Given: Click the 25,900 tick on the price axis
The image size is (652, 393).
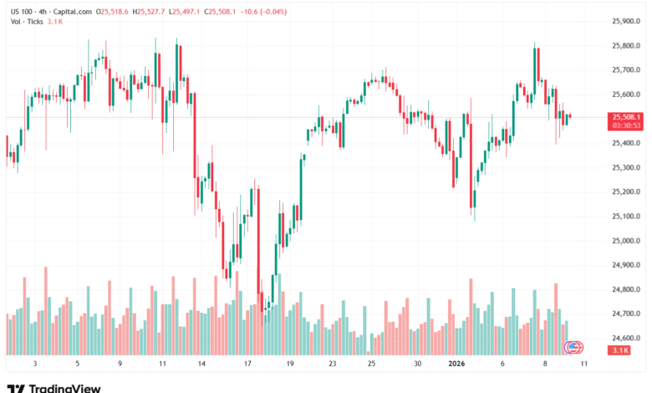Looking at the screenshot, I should coord(625,21).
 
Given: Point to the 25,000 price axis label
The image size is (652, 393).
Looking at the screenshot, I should coord(625,241).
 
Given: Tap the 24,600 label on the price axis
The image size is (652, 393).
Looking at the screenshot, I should coord(625,339).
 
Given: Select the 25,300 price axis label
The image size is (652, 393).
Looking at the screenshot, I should coord(625,167).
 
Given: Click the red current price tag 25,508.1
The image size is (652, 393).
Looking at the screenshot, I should coord(626,117).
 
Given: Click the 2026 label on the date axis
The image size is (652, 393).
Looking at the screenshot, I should coord(456,364).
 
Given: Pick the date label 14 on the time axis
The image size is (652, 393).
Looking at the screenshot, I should coord(201,364).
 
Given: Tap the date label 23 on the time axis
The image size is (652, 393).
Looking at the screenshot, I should coord(332,364).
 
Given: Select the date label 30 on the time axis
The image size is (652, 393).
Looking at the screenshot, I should coord(417,364).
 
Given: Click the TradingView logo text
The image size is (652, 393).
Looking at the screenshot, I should coord(64,387).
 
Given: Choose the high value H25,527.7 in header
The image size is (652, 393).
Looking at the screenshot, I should coord(151,12).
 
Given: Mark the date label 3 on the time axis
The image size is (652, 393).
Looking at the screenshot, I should coord(34,364).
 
